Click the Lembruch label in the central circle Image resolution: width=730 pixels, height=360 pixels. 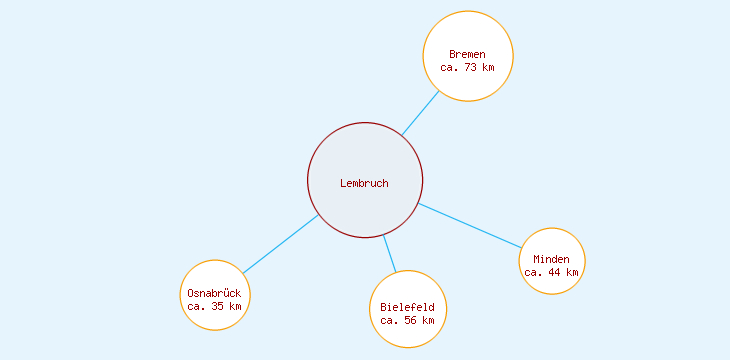364,183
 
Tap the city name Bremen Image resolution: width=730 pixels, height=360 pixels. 467,54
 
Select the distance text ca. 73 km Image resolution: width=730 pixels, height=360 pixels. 467,68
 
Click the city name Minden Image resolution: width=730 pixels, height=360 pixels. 551,259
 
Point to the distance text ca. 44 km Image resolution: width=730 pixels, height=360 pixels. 551,272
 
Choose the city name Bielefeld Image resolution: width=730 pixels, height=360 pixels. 407,307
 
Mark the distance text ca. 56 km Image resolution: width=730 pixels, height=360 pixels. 407,320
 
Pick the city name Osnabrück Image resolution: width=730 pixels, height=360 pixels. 214,293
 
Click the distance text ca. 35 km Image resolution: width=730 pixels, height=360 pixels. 214,306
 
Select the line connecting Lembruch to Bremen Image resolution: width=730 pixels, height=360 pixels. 420,113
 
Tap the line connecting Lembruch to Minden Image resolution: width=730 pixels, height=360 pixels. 470,225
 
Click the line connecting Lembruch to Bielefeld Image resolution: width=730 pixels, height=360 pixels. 389,253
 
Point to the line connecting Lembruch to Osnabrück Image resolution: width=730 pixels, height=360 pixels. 280,244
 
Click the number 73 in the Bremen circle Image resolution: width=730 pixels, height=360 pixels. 469,68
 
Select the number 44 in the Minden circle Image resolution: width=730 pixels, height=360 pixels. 553,272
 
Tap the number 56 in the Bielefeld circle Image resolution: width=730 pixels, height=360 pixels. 409,320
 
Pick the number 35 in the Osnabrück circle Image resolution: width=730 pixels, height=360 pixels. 216,306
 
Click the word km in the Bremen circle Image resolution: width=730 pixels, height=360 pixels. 487,68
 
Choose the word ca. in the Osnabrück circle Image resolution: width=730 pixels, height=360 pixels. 196,306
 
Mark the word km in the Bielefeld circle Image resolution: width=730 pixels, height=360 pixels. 427,320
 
